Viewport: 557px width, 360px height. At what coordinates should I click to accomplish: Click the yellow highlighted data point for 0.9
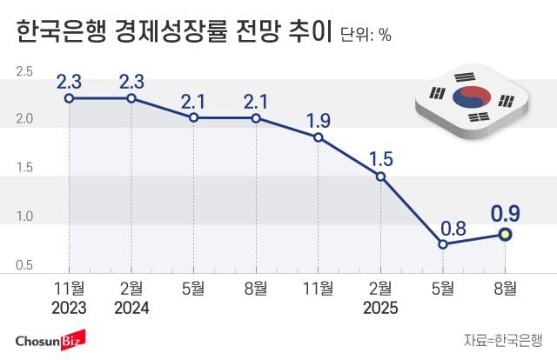(505, 234)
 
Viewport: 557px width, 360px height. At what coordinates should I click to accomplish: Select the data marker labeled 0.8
(443, 244)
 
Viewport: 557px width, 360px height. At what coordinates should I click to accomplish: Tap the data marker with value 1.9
(319, 137)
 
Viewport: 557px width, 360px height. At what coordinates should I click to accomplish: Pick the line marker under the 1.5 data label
(380, 177)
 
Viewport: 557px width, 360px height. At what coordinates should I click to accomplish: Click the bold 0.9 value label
(505, 211)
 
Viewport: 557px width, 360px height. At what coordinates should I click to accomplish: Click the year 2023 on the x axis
(69, 307)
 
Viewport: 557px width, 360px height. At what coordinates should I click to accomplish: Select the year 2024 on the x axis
(131, 307)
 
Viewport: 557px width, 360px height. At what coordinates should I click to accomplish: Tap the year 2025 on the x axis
(380, 307)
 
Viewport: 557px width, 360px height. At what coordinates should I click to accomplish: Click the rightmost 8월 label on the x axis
(505, 288)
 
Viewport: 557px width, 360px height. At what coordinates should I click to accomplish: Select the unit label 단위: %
(366, 36)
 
